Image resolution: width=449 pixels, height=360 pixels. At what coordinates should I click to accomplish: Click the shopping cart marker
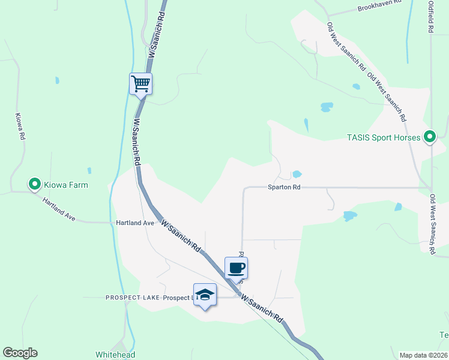141,83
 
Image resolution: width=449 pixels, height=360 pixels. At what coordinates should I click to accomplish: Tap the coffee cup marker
236,267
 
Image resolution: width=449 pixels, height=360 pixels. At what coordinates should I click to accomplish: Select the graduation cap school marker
205,295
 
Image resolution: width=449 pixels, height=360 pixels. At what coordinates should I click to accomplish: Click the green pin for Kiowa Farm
35,184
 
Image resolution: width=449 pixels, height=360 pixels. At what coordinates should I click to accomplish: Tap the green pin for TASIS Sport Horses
429,137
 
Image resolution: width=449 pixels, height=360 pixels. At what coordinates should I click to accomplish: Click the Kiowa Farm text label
66,185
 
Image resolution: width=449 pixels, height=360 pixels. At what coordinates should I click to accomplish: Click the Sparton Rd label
283,187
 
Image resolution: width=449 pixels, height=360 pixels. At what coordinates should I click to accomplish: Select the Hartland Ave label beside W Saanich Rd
135,223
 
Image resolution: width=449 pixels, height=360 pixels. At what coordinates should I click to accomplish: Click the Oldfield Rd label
430,17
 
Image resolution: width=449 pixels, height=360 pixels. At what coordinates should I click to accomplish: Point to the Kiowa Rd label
20,127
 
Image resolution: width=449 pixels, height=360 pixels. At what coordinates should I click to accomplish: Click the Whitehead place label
115,355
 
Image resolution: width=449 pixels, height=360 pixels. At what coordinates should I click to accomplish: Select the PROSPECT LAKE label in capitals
131,298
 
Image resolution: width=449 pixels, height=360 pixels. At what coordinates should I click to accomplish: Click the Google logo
20,353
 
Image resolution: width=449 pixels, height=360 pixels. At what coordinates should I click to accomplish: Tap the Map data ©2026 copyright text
423,355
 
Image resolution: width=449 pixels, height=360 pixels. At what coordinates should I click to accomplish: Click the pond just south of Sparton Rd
349,215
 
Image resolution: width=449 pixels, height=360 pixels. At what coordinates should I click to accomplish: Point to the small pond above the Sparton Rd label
297,175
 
